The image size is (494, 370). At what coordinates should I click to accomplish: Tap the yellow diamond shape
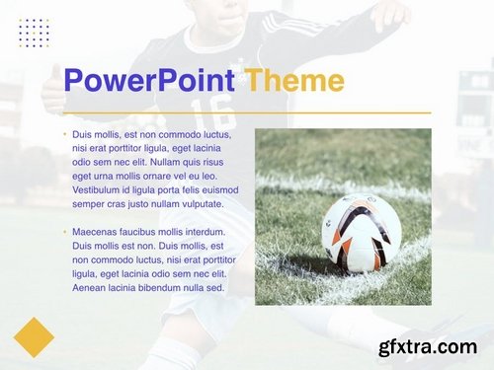[x=34, y=336]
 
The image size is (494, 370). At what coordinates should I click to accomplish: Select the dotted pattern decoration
[x=34, y=33]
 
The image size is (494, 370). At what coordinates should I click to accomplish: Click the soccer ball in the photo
[x=361, y=233]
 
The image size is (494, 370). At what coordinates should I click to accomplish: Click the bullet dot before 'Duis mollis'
[x=65, y=134]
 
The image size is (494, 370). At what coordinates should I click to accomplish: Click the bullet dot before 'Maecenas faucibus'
[x=65, y=232]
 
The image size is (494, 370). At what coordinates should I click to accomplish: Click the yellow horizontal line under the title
[x=247, y=113]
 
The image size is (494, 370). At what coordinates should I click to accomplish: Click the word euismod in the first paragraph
[x=218, y=189]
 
